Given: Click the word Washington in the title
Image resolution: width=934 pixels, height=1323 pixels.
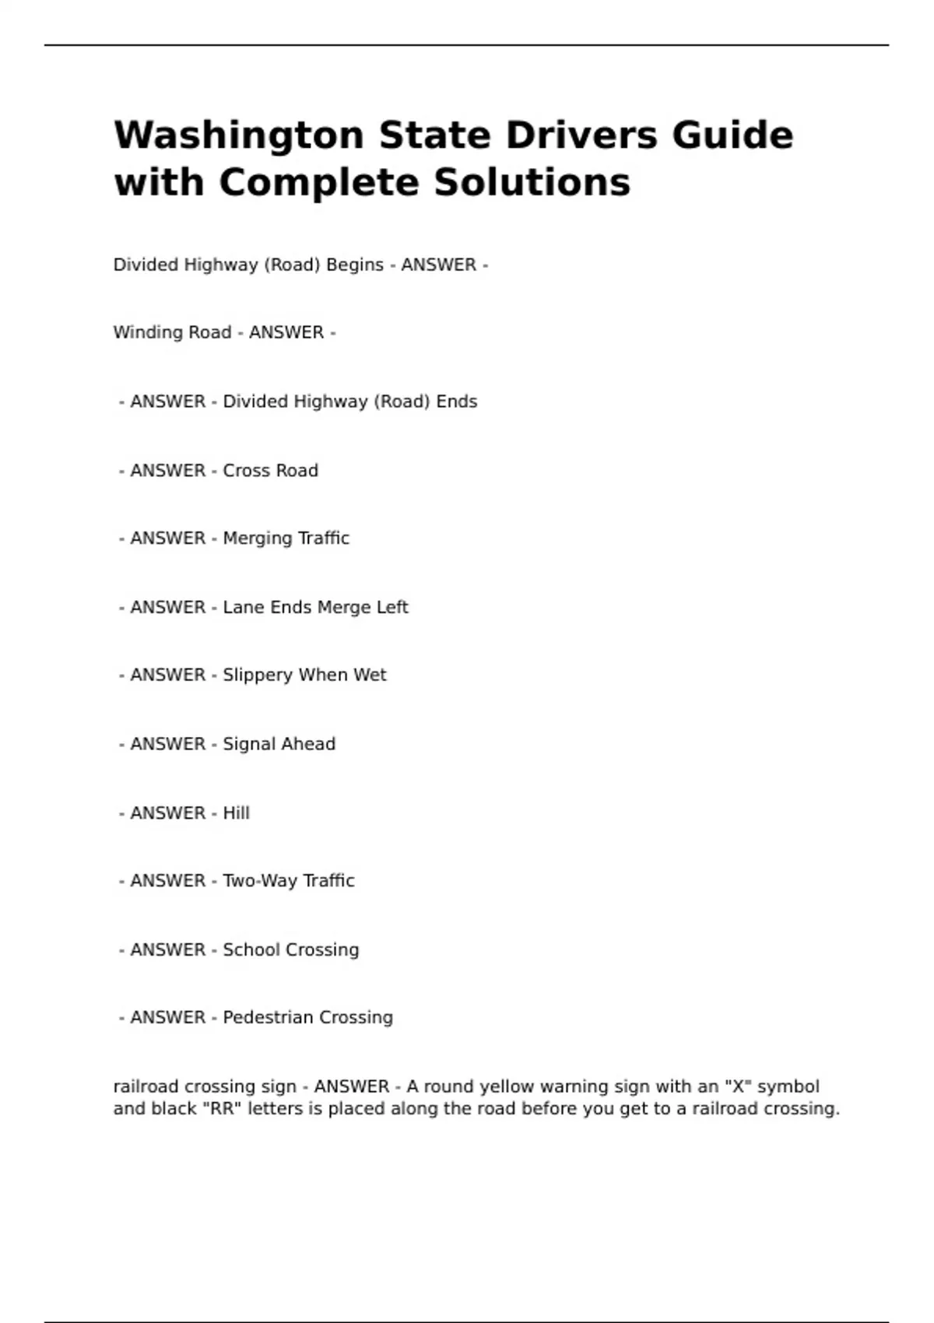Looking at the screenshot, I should (238, 136).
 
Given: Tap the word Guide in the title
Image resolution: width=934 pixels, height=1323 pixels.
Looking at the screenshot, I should (732, 136).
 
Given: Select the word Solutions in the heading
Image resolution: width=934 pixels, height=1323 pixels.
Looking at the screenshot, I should (532, 184).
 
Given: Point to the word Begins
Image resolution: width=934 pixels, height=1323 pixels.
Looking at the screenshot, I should (355, 265).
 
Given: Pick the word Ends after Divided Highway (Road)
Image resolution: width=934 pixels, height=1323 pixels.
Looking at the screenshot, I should (457, 402).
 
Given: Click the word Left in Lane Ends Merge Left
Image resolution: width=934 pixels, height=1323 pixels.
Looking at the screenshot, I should (392, 607).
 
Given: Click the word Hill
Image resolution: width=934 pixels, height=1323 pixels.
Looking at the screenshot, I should (237, 813).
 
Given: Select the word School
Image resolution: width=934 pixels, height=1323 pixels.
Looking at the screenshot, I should (250, 950).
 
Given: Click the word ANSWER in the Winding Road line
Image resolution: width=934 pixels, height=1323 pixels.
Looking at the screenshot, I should (286, 332).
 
